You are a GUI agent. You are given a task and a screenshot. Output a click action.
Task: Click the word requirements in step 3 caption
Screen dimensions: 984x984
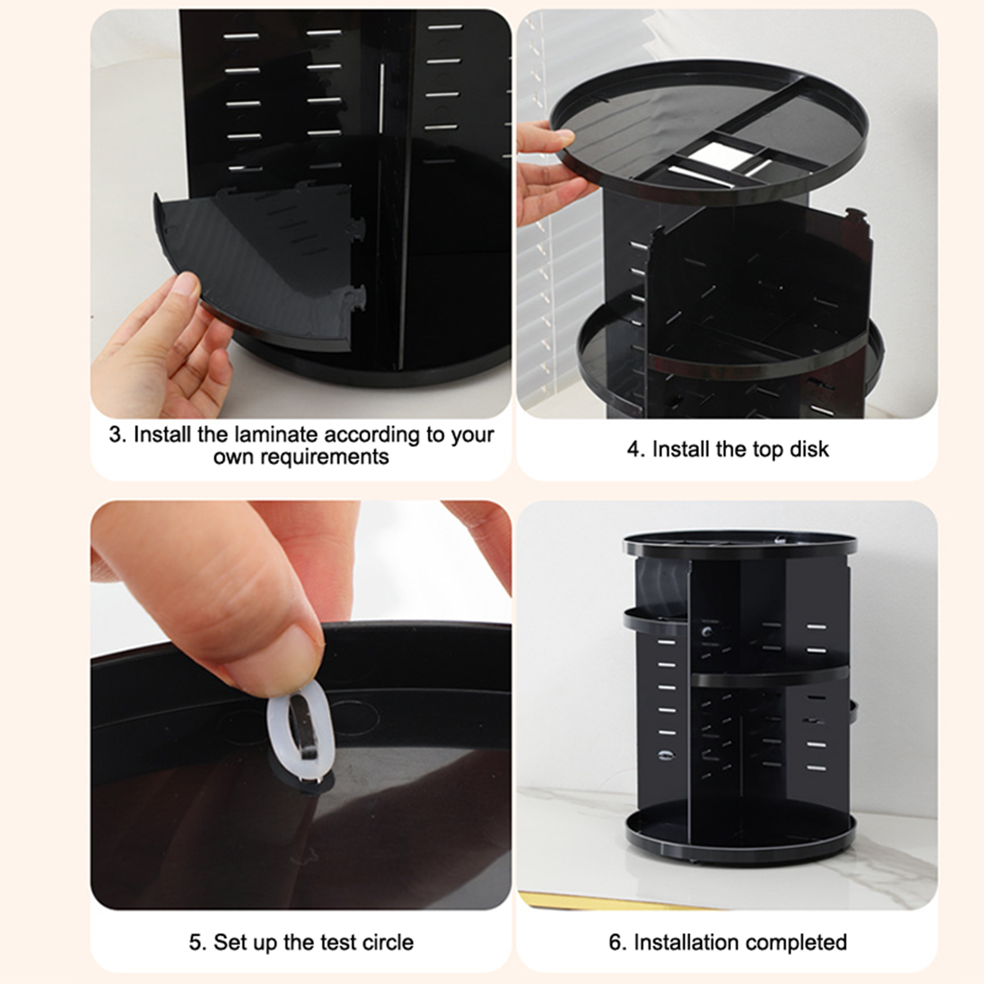301,458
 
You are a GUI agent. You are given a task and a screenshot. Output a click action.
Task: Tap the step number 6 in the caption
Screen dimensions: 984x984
615,942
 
